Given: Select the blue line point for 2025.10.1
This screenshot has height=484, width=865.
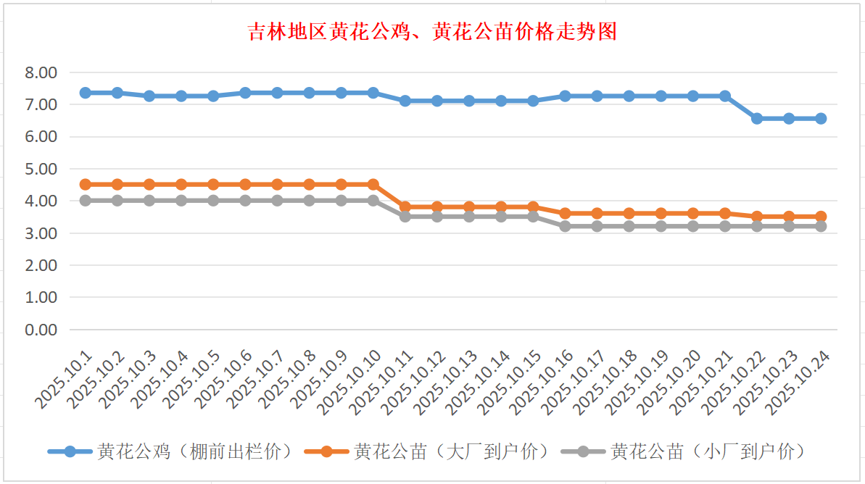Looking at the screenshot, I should click(x=86, y=93).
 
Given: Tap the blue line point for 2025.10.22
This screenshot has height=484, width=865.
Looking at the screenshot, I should click(x=757, y=118).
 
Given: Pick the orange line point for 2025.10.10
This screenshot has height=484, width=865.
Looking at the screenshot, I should click(x=373, y=184).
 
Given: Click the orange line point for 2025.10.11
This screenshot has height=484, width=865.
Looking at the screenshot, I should click(x=405, y=206).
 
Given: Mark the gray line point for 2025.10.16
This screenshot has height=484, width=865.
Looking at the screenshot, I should click(x=565, y=226).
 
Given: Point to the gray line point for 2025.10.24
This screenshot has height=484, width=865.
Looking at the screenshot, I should click(x=821, y=226).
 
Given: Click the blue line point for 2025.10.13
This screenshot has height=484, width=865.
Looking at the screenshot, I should click(x=469, y=101).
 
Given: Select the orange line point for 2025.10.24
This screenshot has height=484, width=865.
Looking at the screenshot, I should click(x=821, y=216).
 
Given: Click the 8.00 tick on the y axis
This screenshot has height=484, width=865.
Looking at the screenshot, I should click(x=41, y=72).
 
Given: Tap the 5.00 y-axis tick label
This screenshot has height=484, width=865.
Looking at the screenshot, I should click(x=41, y=169).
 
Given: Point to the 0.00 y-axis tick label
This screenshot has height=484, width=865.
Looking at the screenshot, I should click(x=41, y=330).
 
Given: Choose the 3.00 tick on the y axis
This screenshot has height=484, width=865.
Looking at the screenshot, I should click(x=41, y=233).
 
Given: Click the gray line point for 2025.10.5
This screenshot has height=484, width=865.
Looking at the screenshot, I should click(x=213, y=200).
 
